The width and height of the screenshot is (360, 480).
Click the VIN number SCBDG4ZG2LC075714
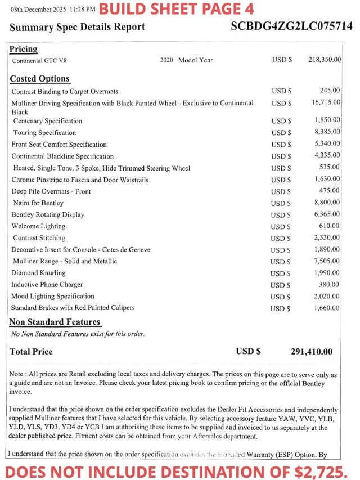pos(291,26)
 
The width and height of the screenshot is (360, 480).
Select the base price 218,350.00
pos(325,60)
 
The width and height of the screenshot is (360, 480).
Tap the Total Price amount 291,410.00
pos(311,352)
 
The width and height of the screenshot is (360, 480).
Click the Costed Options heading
pos(39,79)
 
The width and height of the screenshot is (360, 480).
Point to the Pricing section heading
pos(24,50)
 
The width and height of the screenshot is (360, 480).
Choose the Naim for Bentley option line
pos(38,203)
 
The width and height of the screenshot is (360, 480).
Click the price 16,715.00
pos(326,102)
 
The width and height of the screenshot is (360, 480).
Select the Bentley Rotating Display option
pos(48,215)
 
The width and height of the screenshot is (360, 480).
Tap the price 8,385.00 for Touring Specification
pos(327,132)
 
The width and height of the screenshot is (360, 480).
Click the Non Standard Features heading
pos(55,322)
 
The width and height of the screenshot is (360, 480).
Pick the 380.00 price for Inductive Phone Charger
pos(330,285)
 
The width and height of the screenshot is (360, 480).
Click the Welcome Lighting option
pos(38,226)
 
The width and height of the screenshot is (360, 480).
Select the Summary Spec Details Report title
pos(77,27)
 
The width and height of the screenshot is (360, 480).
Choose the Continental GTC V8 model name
pos(43,60)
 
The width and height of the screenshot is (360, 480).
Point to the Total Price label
pos(31,352)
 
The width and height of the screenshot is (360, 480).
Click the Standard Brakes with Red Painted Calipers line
pos(73,308)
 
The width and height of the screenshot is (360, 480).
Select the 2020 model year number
pos(168,60)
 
